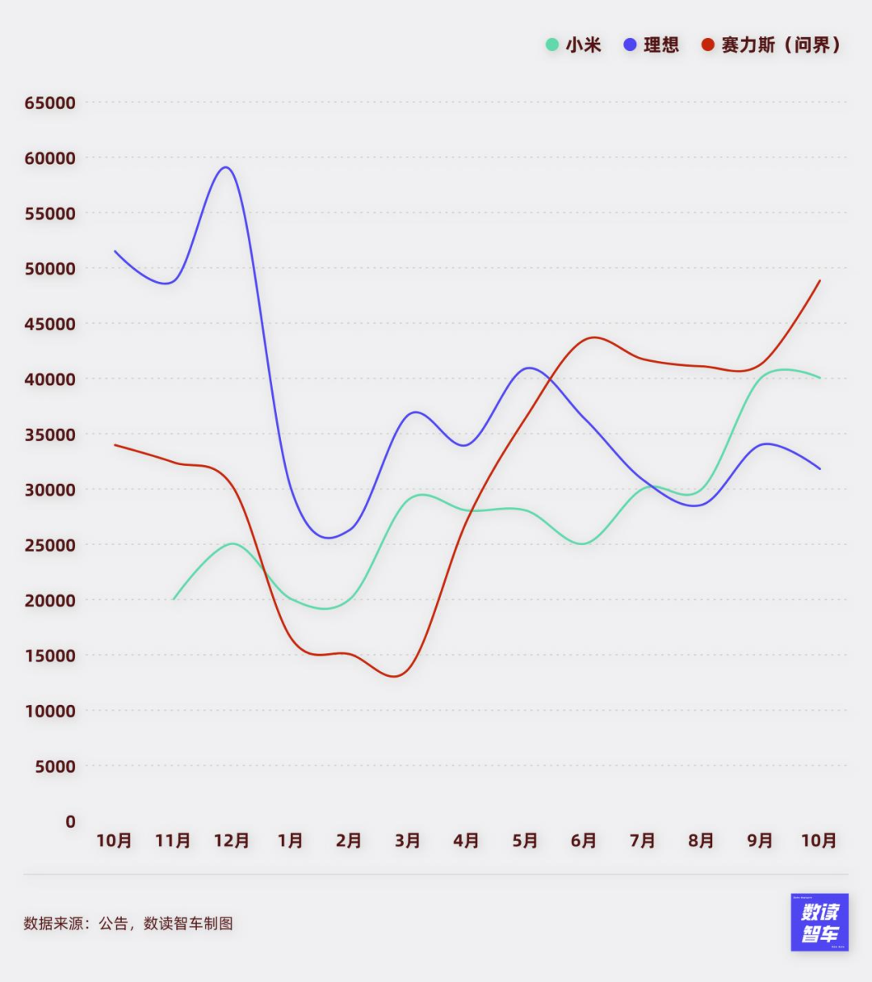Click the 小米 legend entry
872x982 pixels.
(574, 45)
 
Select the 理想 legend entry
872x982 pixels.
(652, 45)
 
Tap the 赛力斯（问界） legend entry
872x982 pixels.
(772, 45)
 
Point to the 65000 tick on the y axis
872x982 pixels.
(50, 103)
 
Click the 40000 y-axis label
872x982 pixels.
(50, 380)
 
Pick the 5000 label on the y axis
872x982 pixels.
(55, 766)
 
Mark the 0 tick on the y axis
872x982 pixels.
(70, 822)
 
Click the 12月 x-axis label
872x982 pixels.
(231, 841)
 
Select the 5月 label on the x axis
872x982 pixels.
(525, 841)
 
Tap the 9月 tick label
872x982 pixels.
(760, 841)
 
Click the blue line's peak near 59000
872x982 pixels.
(226, 167)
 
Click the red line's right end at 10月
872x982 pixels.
(820, 281)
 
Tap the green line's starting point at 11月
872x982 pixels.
(174, 598)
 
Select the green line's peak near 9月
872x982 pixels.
(782, 369)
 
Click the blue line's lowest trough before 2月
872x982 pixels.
(329, 538)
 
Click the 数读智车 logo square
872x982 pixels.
(820, 922)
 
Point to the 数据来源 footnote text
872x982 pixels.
(128, 923)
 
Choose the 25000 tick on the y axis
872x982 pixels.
(50, 545)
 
